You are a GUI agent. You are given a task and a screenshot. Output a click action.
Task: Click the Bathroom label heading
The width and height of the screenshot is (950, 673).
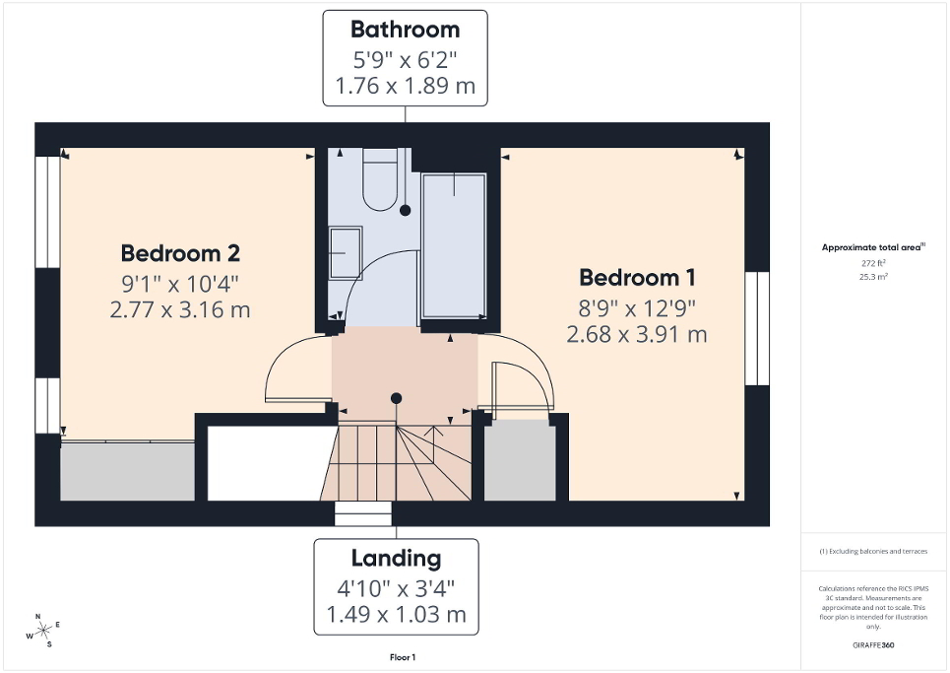(405, 30)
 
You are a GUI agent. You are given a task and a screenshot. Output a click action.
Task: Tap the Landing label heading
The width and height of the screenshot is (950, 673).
(396, 559)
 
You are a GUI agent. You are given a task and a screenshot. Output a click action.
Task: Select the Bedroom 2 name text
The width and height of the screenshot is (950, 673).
(180, 253)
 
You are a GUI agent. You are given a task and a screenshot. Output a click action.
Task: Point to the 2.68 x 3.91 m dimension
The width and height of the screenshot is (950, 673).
(637, 335)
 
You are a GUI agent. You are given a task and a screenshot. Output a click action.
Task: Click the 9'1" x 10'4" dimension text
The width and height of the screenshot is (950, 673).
(180, 284)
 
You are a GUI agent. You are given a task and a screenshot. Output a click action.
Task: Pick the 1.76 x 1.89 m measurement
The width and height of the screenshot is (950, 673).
(405, 86)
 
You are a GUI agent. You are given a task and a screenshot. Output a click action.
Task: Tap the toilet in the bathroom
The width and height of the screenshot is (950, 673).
(379, 180)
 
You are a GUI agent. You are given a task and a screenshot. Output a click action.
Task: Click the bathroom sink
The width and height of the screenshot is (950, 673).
(345, 252)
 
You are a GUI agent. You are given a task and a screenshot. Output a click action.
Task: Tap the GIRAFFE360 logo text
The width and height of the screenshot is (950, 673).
(874, 645)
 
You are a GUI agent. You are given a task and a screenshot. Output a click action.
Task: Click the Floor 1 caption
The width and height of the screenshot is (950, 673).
(403, 657)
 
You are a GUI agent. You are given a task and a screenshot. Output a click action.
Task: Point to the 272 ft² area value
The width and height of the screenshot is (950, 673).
(874, 264)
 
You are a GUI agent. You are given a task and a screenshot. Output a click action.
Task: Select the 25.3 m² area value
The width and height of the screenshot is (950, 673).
(874, 277)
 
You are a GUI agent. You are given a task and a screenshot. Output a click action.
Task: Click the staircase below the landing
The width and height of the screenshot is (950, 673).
(398, 463)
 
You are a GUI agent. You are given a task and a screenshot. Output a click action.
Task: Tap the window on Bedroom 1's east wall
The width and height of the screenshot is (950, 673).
(756, 328)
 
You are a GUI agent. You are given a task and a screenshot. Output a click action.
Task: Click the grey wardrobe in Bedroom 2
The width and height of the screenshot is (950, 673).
(128, 471)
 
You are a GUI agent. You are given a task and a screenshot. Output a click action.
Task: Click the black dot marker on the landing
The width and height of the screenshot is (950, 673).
(396, 398)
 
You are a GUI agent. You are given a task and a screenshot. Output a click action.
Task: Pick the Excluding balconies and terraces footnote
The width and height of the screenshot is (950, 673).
(874, 551)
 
